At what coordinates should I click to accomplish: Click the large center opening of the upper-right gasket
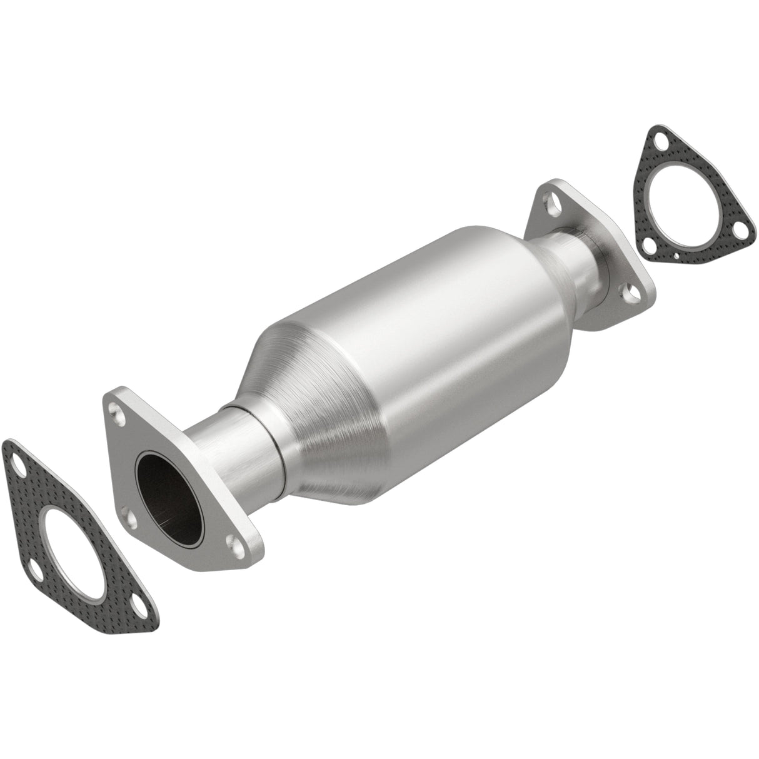coord(681,199)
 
